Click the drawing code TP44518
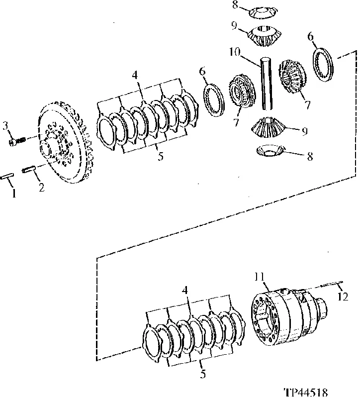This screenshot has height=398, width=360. coord(305,393)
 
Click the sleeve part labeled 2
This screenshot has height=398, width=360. coord(27,169)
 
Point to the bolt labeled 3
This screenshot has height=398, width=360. coord(17,141)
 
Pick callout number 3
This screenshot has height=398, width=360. coord(5,126)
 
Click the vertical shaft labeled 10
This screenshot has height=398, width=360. coord(267,84)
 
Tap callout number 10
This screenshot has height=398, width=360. coord(235,52)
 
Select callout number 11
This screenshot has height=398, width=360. coord(259,276)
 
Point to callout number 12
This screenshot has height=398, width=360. coord(343,296)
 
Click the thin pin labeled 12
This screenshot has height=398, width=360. coord(332,284)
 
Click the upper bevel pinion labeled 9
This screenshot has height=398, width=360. coord(264,36)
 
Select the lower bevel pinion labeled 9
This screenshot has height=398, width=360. coord(268,127)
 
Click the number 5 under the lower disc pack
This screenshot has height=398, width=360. coord(202,375)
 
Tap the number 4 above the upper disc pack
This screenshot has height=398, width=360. coord(135,75)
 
